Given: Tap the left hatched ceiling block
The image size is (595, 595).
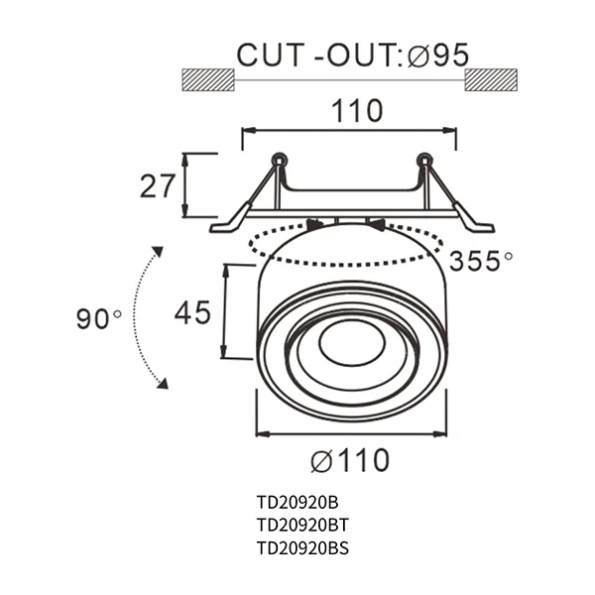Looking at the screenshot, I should [x=207, y=79].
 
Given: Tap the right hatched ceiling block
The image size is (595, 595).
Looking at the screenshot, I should [x=492, y=79].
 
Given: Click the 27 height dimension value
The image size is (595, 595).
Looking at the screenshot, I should [x=158, y=185].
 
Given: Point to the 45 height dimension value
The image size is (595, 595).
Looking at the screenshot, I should [x=192, y=313].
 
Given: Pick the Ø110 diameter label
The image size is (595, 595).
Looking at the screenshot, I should [x=349, y=461].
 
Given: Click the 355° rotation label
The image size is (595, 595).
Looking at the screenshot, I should [x=480, y=262].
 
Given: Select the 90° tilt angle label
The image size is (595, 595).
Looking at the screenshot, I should [x=98, y=319].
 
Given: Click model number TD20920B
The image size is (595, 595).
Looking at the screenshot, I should [x=297, y=502].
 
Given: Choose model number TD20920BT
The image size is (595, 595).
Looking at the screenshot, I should [x=301, y=525].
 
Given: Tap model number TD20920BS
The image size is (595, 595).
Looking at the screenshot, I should [x=301, y=547].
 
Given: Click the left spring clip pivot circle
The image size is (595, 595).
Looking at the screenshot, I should [x=279, y=159].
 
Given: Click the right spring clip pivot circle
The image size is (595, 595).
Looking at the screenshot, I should [x=424, y=159].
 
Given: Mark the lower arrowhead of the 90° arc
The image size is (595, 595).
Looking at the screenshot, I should [x=162, y=383].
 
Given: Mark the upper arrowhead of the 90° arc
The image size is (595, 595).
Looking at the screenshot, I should [x=156, y=251].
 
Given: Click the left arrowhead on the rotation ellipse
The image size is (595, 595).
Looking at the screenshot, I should [x=315, y=225].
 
